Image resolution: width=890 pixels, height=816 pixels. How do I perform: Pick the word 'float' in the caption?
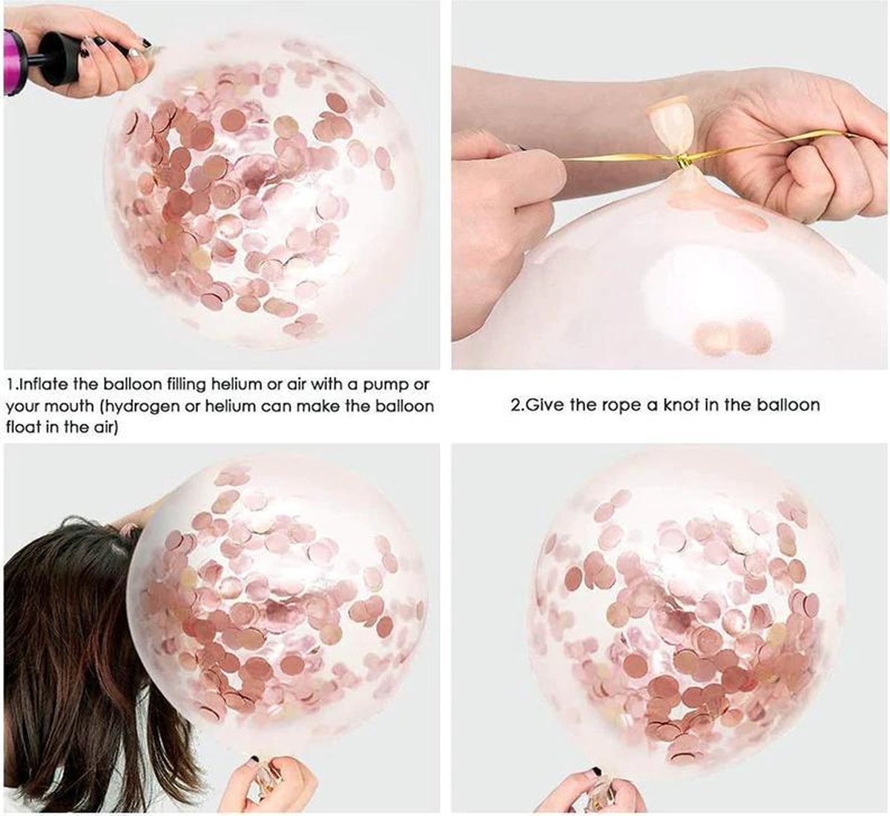point(22,427)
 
